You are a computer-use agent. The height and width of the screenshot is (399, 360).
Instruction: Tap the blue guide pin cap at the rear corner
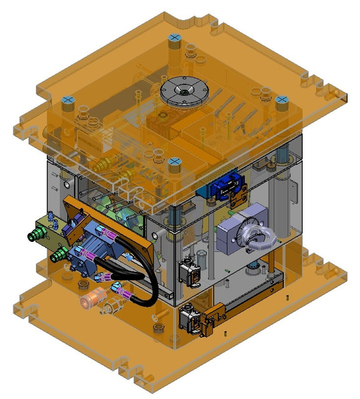[x=175, y=39]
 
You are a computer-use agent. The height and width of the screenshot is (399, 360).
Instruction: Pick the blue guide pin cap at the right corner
[x=282, y=100]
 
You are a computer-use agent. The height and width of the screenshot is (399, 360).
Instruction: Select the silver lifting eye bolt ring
[x=255, y=239]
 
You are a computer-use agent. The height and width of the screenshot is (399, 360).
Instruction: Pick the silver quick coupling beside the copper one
[x=112, y=305]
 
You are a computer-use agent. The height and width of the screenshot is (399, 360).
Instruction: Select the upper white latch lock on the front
[x=189, y=272]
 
